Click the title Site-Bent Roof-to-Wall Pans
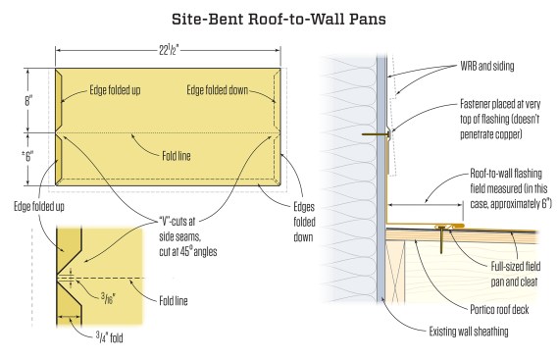279,20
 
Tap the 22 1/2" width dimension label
169,51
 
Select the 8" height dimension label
28,101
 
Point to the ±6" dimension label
27,156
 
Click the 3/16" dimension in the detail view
108,297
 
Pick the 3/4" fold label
109,336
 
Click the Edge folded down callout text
217,90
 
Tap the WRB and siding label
486,67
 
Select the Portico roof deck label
499,309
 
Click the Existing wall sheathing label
469,332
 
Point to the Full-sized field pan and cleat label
515,274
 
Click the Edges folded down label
304,222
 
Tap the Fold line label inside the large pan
177,156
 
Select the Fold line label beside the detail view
174,301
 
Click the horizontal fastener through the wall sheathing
376,134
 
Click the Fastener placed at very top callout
500,119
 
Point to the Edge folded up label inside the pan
115,90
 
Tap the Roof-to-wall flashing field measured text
511,188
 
